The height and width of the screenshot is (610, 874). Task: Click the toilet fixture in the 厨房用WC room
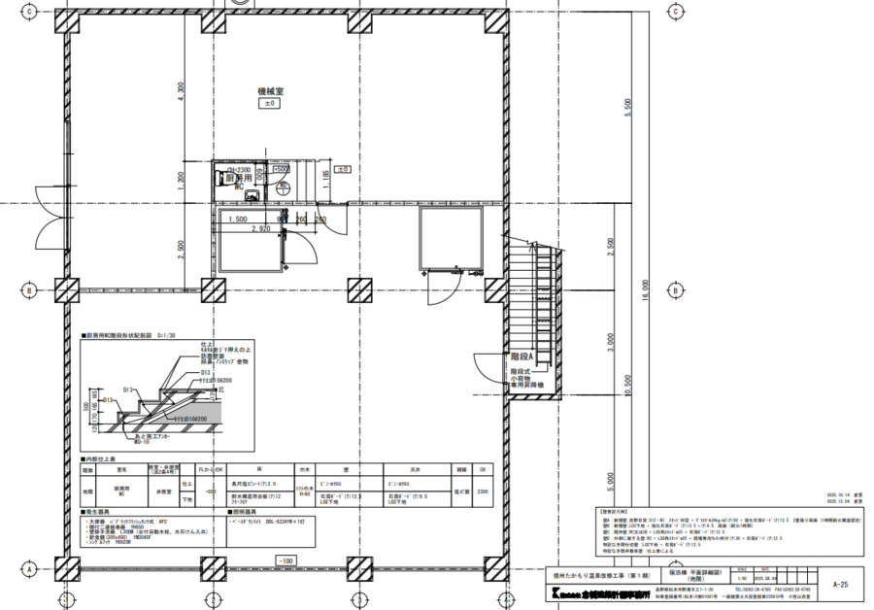(219, 178)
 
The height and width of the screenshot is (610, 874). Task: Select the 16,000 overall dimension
(643, 290)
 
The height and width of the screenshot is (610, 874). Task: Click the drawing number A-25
(840, 586)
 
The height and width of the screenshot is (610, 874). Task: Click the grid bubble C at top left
(29, 12)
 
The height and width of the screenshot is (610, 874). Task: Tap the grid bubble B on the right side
(674, 289)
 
